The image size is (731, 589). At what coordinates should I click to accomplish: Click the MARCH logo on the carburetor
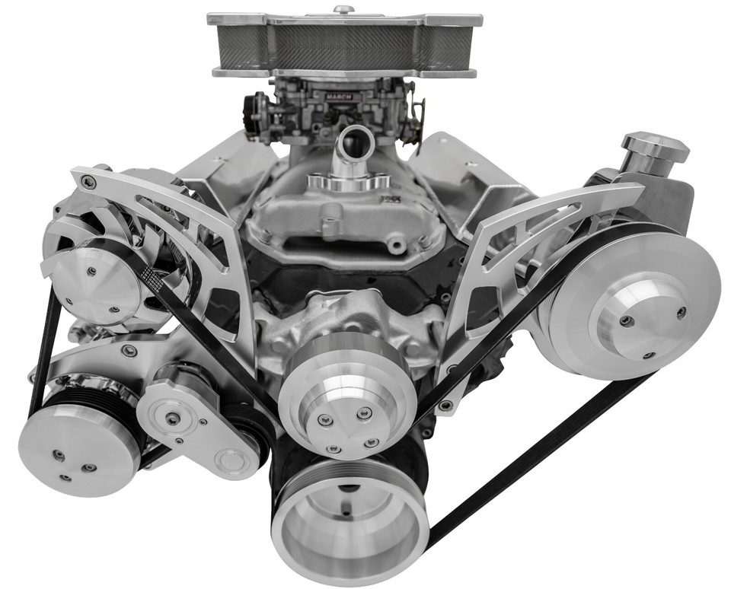pos(337,97)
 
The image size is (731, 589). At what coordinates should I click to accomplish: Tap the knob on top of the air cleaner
pos(343,10)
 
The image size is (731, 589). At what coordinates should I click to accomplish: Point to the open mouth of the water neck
pos(354,141)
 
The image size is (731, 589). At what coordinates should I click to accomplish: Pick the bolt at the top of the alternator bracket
pos(89,181)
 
